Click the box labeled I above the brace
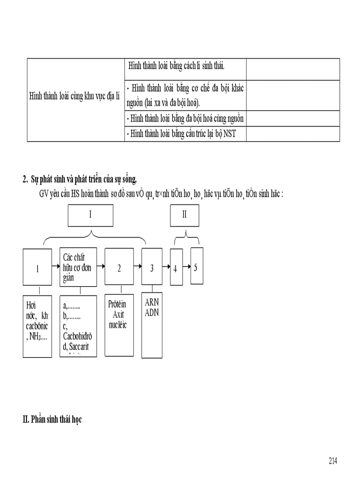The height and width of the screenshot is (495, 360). click(90, 215)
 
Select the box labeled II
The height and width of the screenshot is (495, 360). click(184, 215)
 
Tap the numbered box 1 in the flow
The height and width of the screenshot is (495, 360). click(37, 267)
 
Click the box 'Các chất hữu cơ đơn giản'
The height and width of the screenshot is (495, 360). click(78, 267)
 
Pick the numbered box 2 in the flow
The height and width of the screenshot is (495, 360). click(119, 267)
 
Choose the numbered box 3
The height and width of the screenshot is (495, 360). click(152, 267)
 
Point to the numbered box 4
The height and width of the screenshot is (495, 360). click(176, 268)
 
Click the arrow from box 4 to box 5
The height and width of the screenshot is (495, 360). click(186, 267)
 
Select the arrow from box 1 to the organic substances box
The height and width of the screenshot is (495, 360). click(55, 266)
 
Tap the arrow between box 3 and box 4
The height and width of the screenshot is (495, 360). click(166, 267)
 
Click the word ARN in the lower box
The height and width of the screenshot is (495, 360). click(152, 303)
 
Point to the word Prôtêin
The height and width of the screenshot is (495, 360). click(117, 304)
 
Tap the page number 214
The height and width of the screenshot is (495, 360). click(333, 461)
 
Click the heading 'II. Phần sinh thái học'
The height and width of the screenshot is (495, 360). click(52, 419)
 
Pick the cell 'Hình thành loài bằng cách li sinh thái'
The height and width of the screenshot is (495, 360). click(176, 66)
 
